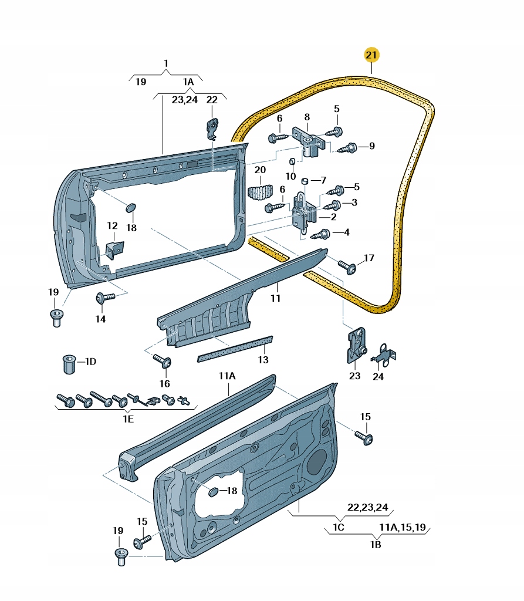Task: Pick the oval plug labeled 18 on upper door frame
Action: coord(130,207)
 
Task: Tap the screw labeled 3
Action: coord(333,204)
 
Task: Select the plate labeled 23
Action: coord(356,347)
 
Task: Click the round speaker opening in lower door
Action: coord(319,462)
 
